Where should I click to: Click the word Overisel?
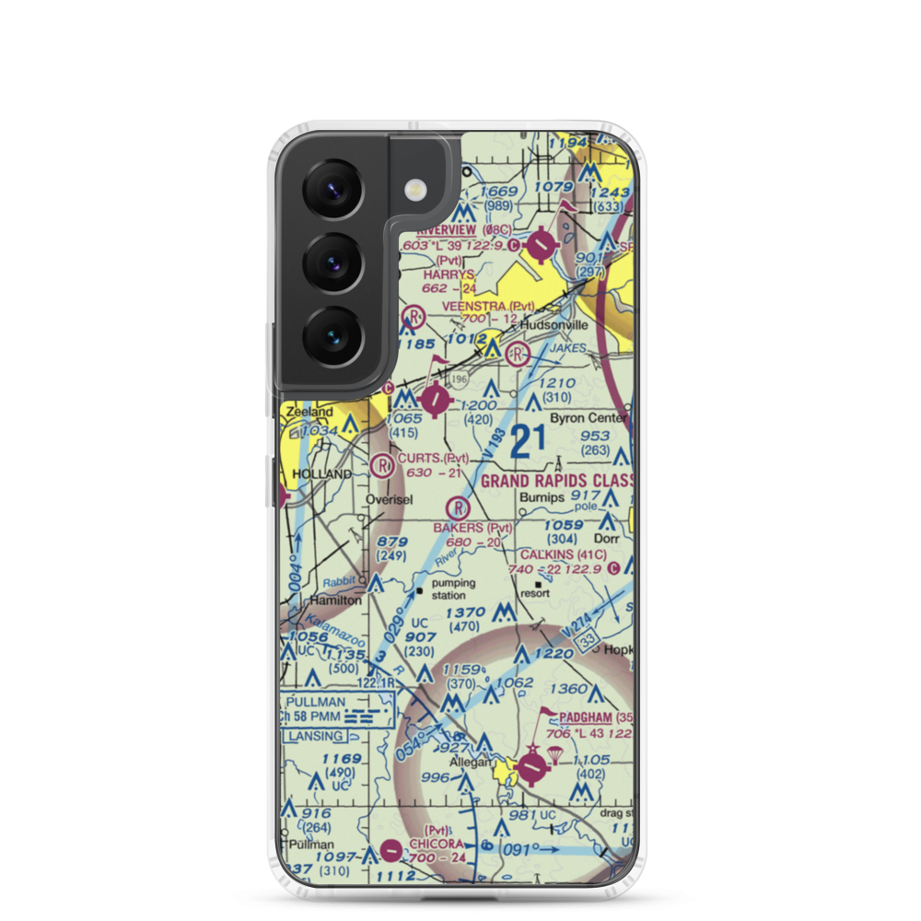click(389, 500)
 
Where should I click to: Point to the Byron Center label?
click(589, 417)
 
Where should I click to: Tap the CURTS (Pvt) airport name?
click(433, 458)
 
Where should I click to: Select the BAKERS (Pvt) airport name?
click(472, 528)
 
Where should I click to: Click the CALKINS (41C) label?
click(563, 554)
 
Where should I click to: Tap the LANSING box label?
click(314, 736)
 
